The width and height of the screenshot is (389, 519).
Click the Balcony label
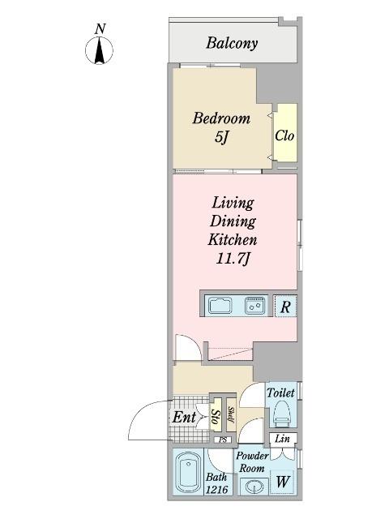coord(232,43)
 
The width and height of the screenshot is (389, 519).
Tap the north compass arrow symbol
coord(99,50)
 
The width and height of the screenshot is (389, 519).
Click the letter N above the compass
coord(100,29)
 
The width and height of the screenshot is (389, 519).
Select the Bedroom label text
coord(221,118)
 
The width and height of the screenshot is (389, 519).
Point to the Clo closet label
coord(284,135)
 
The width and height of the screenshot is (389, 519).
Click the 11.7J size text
coord(233,259)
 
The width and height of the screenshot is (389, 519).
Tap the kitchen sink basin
coord(220,305)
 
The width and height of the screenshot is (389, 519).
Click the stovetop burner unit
coord(255,305)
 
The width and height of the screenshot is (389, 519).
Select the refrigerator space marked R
coord(285,307)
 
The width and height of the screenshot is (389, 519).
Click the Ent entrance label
coord(184,417)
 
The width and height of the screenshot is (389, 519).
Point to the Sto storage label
coord(216,417)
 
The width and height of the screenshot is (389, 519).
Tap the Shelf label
coord(231,414)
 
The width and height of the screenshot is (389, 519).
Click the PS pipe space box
coord(224,440)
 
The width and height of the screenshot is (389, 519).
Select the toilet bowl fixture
coord(281,414)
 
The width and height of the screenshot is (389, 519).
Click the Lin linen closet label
coord(282,439)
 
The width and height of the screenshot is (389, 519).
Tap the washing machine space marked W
coord(282,482)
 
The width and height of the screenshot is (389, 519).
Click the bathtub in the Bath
coord(188,473)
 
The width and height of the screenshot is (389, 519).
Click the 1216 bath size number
coord(216,489)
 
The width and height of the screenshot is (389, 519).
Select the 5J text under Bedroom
coord(221,137)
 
